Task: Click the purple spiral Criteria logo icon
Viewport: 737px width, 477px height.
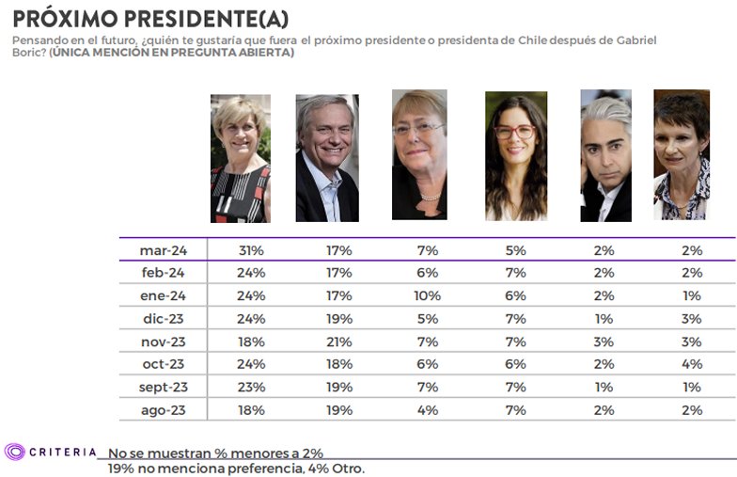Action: tap(14, 452)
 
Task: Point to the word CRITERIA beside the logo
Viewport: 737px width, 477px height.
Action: tap(63, 452)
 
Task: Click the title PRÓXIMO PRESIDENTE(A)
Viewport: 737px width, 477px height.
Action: tap(150, 18)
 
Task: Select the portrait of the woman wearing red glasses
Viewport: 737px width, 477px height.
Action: tap(515, 156)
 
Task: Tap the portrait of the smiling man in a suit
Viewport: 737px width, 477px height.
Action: tap(327, 158)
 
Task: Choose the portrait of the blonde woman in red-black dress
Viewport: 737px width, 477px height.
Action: tap(240, 158)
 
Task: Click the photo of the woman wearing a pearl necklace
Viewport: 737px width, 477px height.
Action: tap(419, 154)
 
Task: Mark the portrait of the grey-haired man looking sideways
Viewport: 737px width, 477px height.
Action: tap(605, 156)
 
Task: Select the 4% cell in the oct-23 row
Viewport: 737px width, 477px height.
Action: tap(694, 364)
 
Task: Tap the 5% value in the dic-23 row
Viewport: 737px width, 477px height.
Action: tap(427, 319)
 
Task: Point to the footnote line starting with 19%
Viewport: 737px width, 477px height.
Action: tap(236, 468)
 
